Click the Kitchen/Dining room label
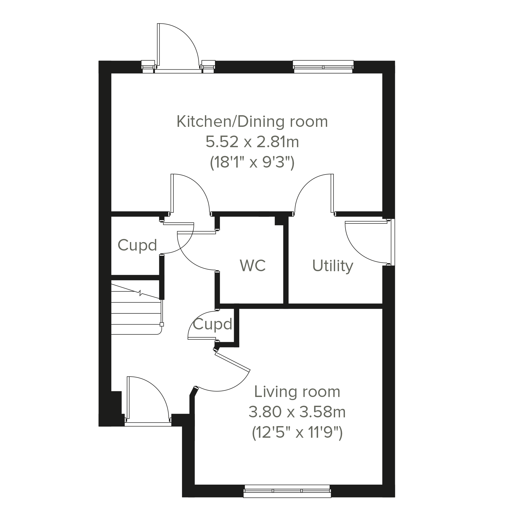pos(252,122)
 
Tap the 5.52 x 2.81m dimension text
pos(252,142)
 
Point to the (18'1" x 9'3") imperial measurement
pos(252,162)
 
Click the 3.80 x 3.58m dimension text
pos(297,412)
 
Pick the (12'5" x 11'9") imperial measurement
pos(297,433)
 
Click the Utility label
pos(333,266)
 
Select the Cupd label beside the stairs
pos(137,245)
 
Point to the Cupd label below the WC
pos(212,324)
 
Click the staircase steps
pos(136,308)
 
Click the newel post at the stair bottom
pos(162,325)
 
